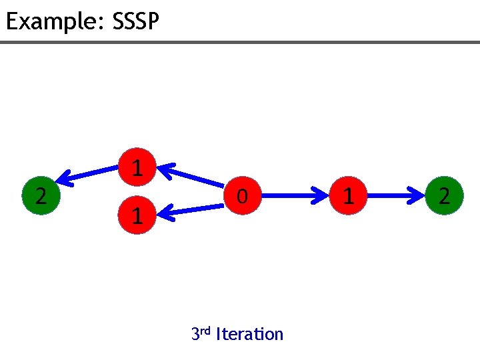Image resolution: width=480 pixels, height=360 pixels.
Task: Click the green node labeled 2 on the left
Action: [41, 196]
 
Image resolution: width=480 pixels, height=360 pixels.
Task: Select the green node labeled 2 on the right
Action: [444, 196]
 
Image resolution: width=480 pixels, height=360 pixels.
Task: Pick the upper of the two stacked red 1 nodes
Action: [137, 167]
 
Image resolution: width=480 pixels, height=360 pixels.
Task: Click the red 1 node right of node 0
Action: [347, 196]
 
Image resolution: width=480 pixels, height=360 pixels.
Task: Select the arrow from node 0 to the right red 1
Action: [295, 196]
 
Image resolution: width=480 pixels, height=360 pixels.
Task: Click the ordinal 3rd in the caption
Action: [201, 333]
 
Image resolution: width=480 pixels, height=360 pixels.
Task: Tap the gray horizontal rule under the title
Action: [240, 43]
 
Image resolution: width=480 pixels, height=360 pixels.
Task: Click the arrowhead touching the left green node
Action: [65, 179]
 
